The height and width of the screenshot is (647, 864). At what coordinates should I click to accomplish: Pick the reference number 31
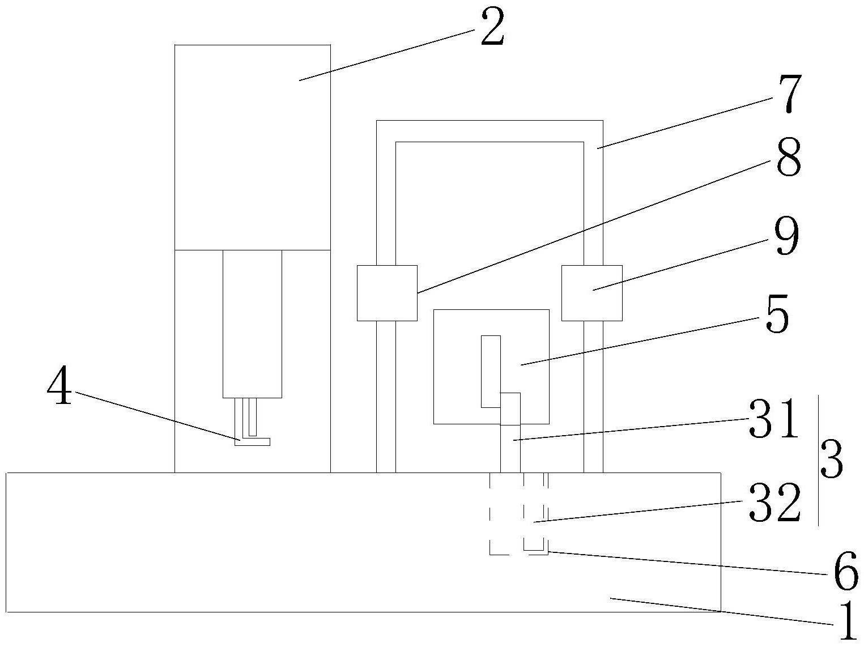[774, 419]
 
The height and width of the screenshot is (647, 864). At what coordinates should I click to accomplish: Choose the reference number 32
[774, 503]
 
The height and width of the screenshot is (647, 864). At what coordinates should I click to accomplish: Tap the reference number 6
[846, 573]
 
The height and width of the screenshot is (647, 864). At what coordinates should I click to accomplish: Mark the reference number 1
[846, 622]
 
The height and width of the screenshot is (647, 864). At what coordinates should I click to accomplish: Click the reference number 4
[59, 389]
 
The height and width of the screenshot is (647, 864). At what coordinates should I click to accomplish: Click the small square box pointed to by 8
[387, 293]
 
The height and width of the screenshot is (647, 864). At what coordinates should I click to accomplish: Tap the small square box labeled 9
[591, 293]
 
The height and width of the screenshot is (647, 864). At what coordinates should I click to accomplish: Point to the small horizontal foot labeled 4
[252, 441]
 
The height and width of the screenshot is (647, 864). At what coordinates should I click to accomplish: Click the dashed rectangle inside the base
[506, 513]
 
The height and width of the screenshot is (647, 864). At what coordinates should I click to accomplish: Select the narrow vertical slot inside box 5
[491, 371]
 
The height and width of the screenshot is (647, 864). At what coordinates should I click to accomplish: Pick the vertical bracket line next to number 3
[818, 460]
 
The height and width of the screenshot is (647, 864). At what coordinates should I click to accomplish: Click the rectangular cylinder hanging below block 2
[252, 323]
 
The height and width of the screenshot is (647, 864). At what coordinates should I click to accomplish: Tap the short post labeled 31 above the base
[510, 448]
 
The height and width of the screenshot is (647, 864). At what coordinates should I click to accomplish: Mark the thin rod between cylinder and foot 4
[250, 417]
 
